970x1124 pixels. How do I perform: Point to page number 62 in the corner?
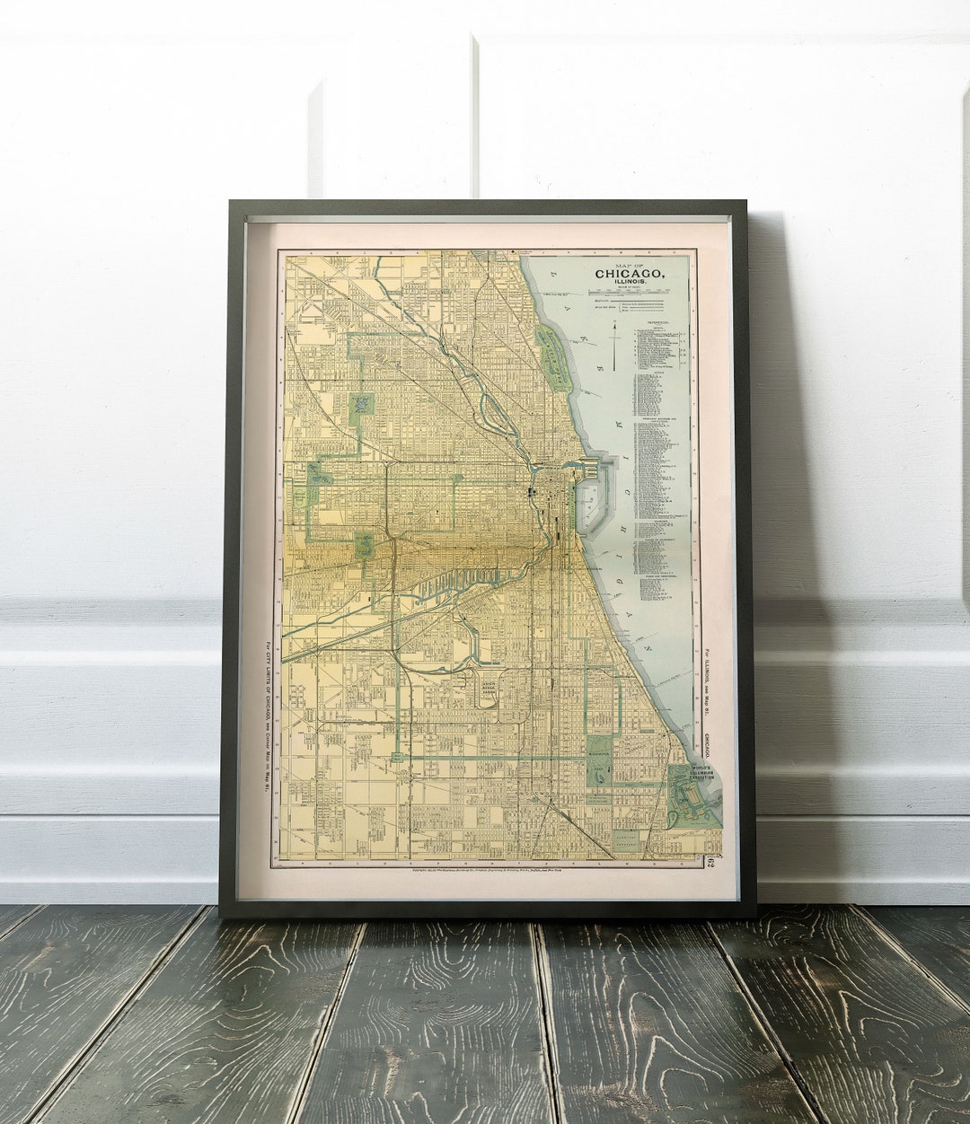709,864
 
